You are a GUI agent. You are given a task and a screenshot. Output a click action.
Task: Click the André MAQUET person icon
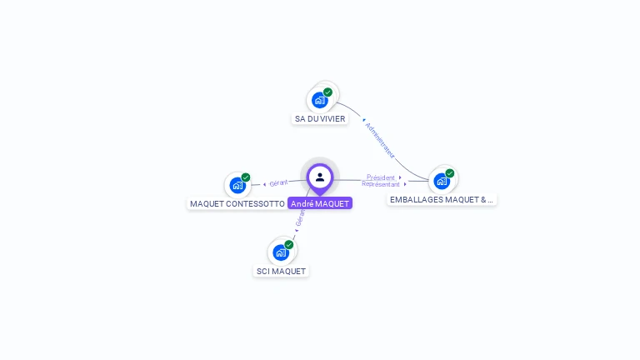pos(320,177)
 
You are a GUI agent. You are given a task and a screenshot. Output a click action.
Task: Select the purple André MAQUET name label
pos(320,203)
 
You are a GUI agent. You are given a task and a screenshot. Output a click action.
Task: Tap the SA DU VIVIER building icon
pos(319,100)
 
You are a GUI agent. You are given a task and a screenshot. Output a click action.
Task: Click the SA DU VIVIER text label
pos(320,119)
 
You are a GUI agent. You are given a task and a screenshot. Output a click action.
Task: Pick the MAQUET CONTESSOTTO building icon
pos(237,185)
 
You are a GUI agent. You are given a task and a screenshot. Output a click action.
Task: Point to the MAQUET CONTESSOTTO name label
pos(237,203)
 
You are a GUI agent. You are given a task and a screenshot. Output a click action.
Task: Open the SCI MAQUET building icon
pos(280,252)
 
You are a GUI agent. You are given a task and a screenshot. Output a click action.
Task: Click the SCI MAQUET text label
pos(281,271)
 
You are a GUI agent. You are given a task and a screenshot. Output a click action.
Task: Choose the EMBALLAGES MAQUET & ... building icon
pos(441,181)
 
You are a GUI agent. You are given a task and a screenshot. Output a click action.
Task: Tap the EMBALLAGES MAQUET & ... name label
pos(442,200)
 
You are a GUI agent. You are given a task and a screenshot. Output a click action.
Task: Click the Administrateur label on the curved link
pos(380,139)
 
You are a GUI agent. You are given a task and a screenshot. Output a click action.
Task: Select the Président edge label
pos(381,177)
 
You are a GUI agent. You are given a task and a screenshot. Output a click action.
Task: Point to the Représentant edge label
pos(381,183)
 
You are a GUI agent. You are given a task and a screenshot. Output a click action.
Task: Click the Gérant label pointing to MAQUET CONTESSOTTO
pos(278,182)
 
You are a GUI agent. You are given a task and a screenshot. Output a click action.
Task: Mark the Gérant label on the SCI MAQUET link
pos(300,219)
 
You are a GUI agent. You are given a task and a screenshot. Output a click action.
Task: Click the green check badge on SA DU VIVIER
pos(327,92)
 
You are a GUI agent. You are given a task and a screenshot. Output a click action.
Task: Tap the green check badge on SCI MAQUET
pos(288,244)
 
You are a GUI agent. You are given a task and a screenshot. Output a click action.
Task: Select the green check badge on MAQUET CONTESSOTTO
pos(246,177)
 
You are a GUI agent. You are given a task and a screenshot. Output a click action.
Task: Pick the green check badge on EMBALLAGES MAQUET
pos(449,173)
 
